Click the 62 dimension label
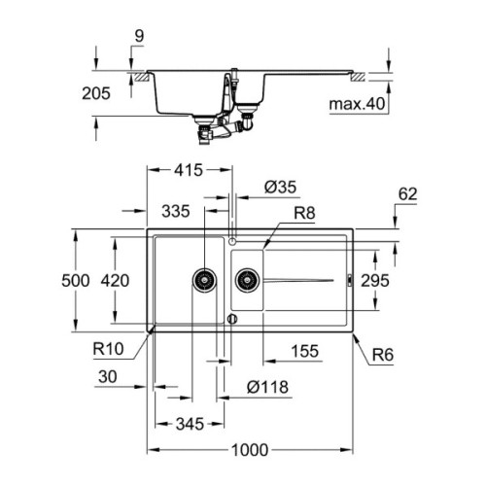click(x=407, y=194)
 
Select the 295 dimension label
click(x=374, y=280)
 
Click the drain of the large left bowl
click(x=204, y=280)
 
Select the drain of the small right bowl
click(x=247, y=280)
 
